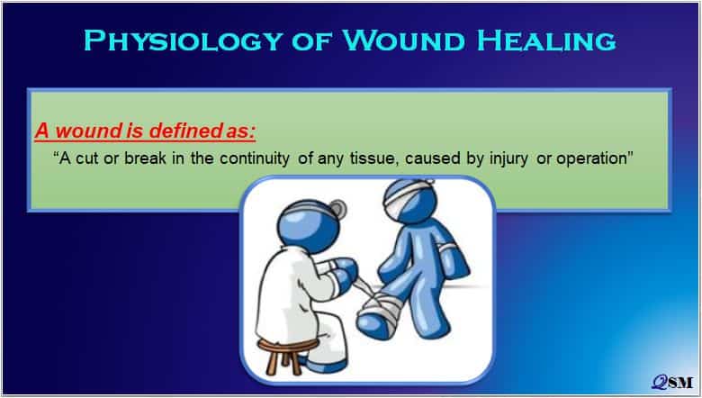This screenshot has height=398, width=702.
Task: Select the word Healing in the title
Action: coord(546,41)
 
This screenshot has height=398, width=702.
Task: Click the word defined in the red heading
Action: coord(181,131)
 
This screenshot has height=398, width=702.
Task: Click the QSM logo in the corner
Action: coord(672,382)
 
